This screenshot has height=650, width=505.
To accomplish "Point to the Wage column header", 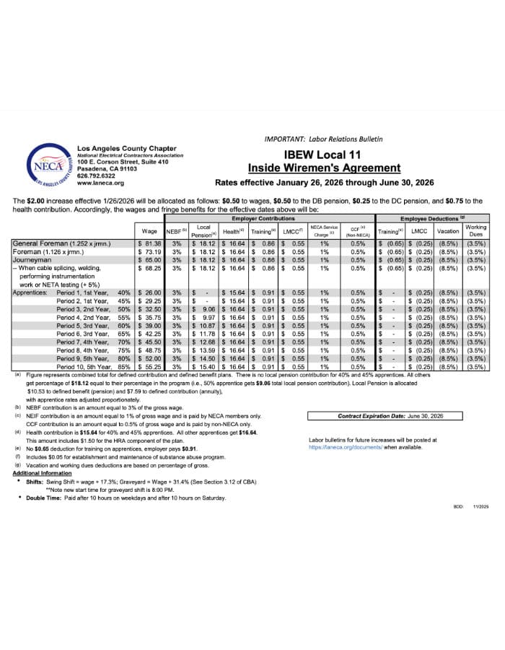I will [150, 231].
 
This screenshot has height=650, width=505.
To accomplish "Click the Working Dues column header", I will [476, 231].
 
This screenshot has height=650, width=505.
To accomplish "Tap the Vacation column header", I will [449, 231].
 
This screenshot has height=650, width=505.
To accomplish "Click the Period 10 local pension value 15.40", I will [203, 367].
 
